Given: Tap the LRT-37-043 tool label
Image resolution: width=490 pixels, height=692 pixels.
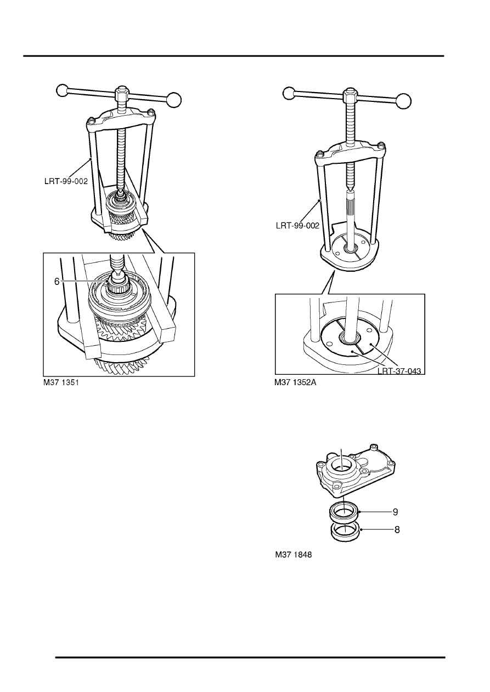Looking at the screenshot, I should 399,371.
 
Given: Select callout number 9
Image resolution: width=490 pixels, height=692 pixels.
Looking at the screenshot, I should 395,512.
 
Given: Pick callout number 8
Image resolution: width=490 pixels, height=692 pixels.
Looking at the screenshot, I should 395,530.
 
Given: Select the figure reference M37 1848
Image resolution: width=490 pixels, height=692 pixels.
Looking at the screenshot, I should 293,554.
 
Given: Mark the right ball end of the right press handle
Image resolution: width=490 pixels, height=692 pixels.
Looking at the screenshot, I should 404,101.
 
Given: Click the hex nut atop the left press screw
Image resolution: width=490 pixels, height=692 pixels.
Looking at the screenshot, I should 121,94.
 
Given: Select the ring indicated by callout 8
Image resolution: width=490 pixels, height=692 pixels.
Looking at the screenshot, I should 345,530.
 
